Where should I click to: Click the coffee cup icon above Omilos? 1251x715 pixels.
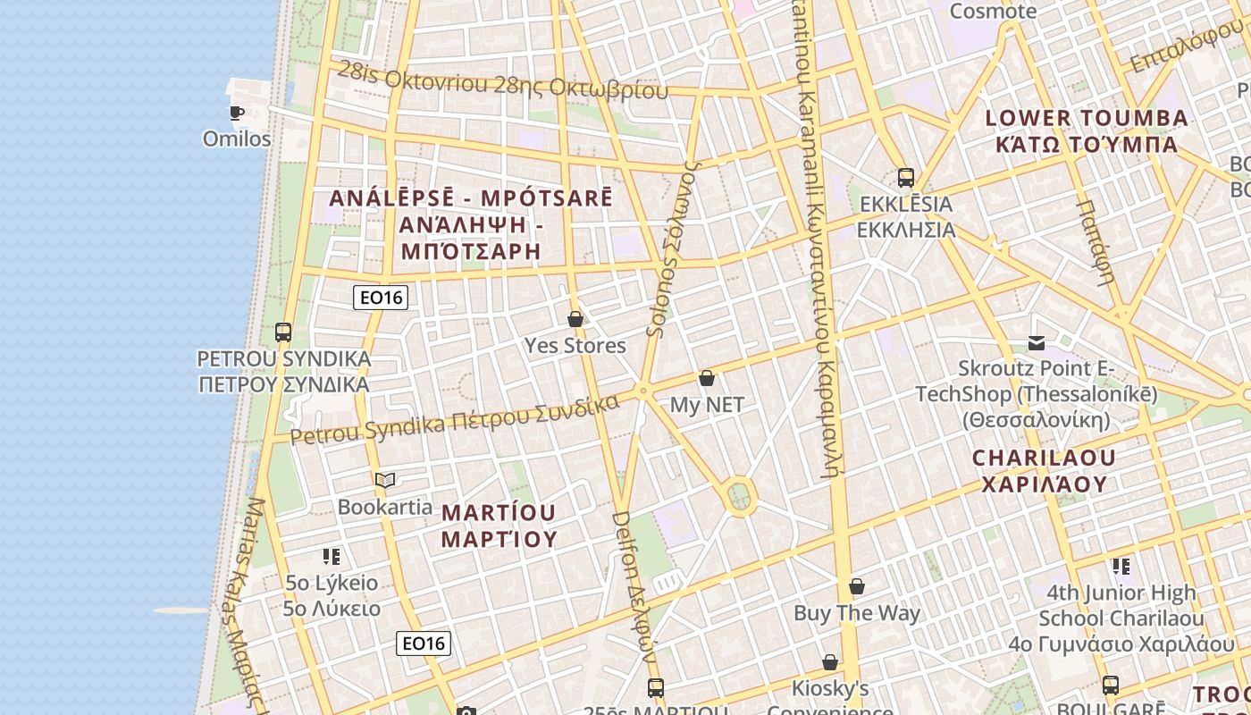pyautogui.click(x=236, y=113)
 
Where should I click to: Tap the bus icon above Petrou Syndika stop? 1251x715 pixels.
pyautogui.click(x=283, y=332)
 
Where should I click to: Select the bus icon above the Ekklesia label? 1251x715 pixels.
pyautogui.click(x=906, y=177)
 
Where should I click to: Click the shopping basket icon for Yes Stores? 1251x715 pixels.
pyautogui.click(x=575, y=319)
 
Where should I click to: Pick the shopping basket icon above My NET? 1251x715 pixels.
pyautogui.click(x=707, y=378)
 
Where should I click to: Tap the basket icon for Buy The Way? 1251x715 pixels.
pyautogui.click(x=857, y=586)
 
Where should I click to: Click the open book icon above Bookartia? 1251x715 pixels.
pyautogui.click(x=385, y=481)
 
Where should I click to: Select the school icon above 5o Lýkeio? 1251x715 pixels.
pyautogui.click(x=332, y=557)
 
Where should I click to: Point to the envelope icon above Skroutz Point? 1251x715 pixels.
pyautogui.click(x=1037, y=342)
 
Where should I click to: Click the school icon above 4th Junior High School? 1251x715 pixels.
pyautogui.click(x=1121, y=566)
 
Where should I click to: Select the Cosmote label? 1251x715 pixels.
pyautogui.click(x=993, y=12)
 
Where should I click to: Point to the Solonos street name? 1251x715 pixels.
pyautogui.click(x=672, y=250)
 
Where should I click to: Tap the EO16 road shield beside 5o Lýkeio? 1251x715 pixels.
pyautogui.click(x=424, y=643)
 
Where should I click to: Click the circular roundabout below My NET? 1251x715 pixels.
pyautogui.click(x=740, y=496)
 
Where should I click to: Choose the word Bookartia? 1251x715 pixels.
pyautogui.click(x=385, y=507)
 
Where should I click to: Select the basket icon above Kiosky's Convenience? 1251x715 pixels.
pyautogui.click(x=830, y=662)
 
